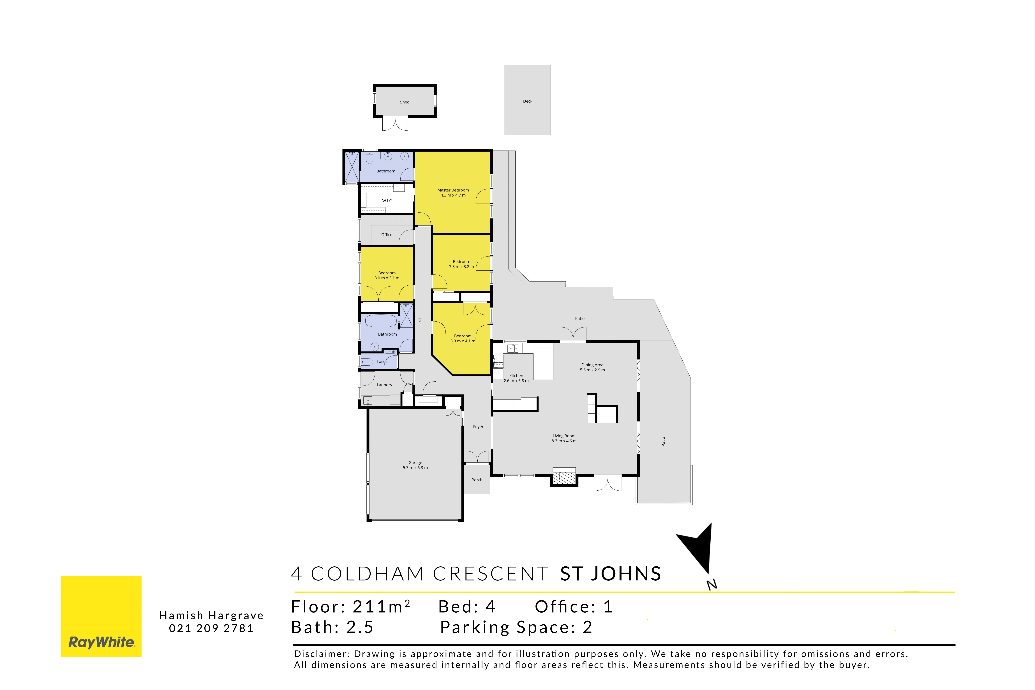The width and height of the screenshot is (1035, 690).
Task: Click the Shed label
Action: pos(404,102)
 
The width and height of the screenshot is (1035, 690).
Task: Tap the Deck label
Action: pos(528,101)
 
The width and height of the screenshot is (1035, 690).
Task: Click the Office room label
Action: pos(387,235)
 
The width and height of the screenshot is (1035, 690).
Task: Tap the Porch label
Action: pos(477,480)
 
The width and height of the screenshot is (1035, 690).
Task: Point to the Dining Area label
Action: pos(592,365)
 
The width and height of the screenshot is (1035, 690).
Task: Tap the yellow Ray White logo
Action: pos(101,617)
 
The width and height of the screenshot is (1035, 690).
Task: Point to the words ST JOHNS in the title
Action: pos(610,574)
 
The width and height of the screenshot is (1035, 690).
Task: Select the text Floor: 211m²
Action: pos(351,606)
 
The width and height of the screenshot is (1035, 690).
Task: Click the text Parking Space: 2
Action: pos(516,627)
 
